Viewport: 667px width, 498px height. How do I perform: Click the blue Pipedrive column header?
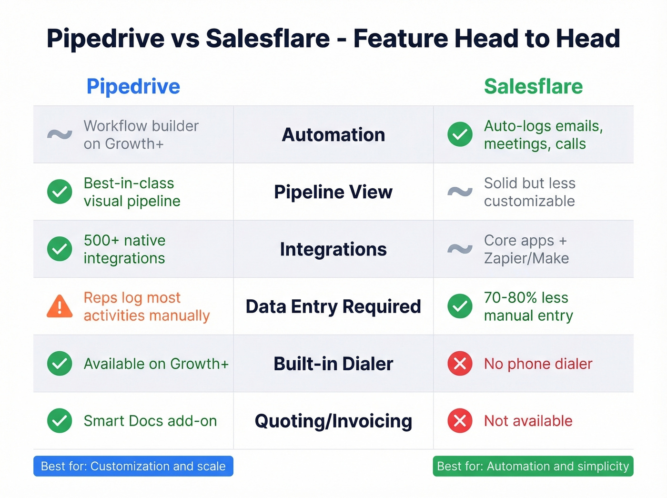coord(133,87)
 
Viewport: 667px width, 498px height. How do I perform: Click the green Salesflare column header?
coord(533,87)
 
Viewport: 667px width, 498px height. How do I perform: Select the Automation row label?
coord(333,135)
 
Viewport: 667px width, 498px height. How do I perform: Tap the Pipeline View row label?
coord(333,192)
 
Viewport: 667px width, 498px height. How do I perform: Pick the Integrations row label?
coord(333,249)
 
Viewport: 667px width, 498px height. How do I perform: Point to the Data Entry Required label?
coord(333,306)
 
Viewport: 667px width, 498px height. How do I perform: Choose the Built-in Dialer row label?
coord(333,364)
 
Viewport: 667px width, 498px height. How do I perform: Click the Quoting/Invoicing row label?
coord(333,421)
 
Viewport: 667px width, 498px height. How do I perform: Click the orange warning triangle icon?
coord(60,306)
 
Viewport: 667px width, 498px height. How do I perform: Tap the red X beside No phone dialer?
coord(460,364)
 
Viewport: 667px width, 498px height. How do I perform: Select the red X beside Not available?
coord(460,421)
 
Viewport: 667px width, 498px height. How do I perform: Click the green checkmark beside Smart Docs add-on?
coord(60,421)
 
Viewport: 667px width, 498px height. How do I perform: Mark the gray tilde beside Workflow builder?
coord(60,135)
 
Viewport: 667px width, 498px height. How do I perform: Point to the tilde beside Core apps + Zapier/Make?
coord(460,249)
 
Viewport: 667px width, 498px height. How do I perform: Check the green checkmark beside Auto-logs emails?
coord(460,134)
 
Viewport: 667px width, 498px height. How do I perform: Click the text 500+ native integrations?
coord(124,249)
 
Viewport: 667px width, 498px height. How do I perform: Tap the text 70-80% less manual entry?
coord(528,306)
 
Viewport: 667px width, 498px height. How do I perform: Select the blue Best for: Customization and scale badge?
coord(133,466)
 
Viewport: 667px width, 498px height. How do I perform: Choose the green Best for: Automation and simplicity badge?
coord(533,466)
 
